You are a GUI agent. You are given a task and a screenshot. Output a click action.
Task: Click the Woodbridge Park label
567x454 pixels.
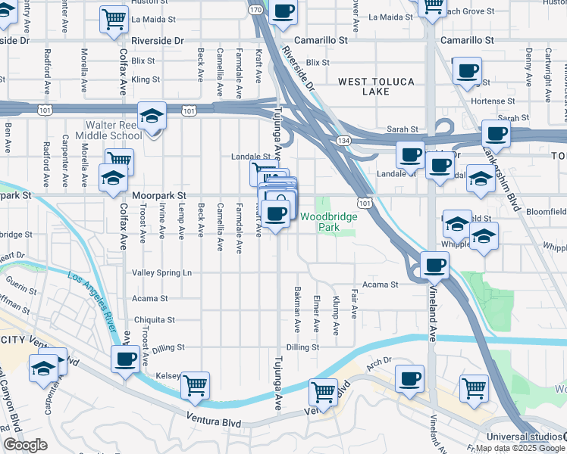coord(327,221)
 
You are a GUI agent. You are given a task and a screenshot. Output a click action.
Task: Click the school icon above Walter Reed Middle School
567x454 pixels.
coord(152,117)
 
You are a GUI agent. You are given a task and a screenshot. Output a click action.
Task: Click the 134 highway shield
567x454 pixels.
coord(344,141)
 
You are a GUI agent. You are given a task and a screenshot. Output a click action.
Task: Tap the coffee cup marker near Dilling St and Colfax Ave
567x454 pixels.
coord(125,359)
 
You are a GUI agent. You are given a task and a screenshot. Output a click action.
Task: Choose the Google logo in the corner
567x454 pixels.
coord(24,445)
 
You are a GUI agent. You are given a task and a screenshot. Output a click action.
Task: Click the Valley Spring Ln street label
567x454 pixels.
coord(162,272)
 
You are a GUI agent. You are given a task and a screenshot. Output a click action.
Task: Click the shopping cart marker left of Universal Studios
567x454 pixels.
coord(474,388)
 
